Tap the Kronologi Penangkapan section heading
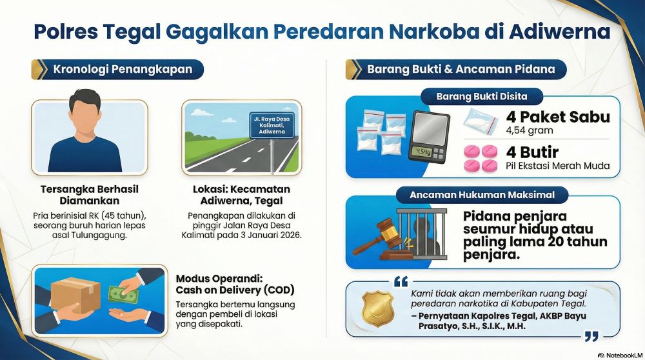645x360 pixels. [123, 69]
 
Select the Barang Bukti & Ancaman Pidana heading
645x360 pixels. [461, 69]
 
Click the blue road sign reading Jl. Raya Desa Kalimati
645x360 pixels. [272, 125]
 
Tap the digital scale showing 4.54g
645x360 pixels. [430, 137]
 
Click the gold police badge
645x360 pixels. [377, 308]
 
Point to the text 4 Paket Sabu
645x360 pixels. [558, 117]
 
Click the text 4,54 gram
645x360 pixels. [530, 131]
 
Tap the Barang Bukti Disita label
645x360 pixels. [482, 97]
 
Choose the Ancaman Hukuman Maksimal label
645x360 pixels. [482, 195]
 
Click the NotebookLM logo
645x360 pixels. [620, 355]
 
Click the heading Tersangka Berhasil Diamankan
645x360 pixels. [89, 195]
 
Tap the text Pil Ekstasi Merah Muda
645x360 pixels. [557, 166]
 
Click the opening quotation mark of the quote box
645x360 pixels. [401, 282]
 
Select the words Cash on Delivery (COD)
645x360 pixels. [235, 290]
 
